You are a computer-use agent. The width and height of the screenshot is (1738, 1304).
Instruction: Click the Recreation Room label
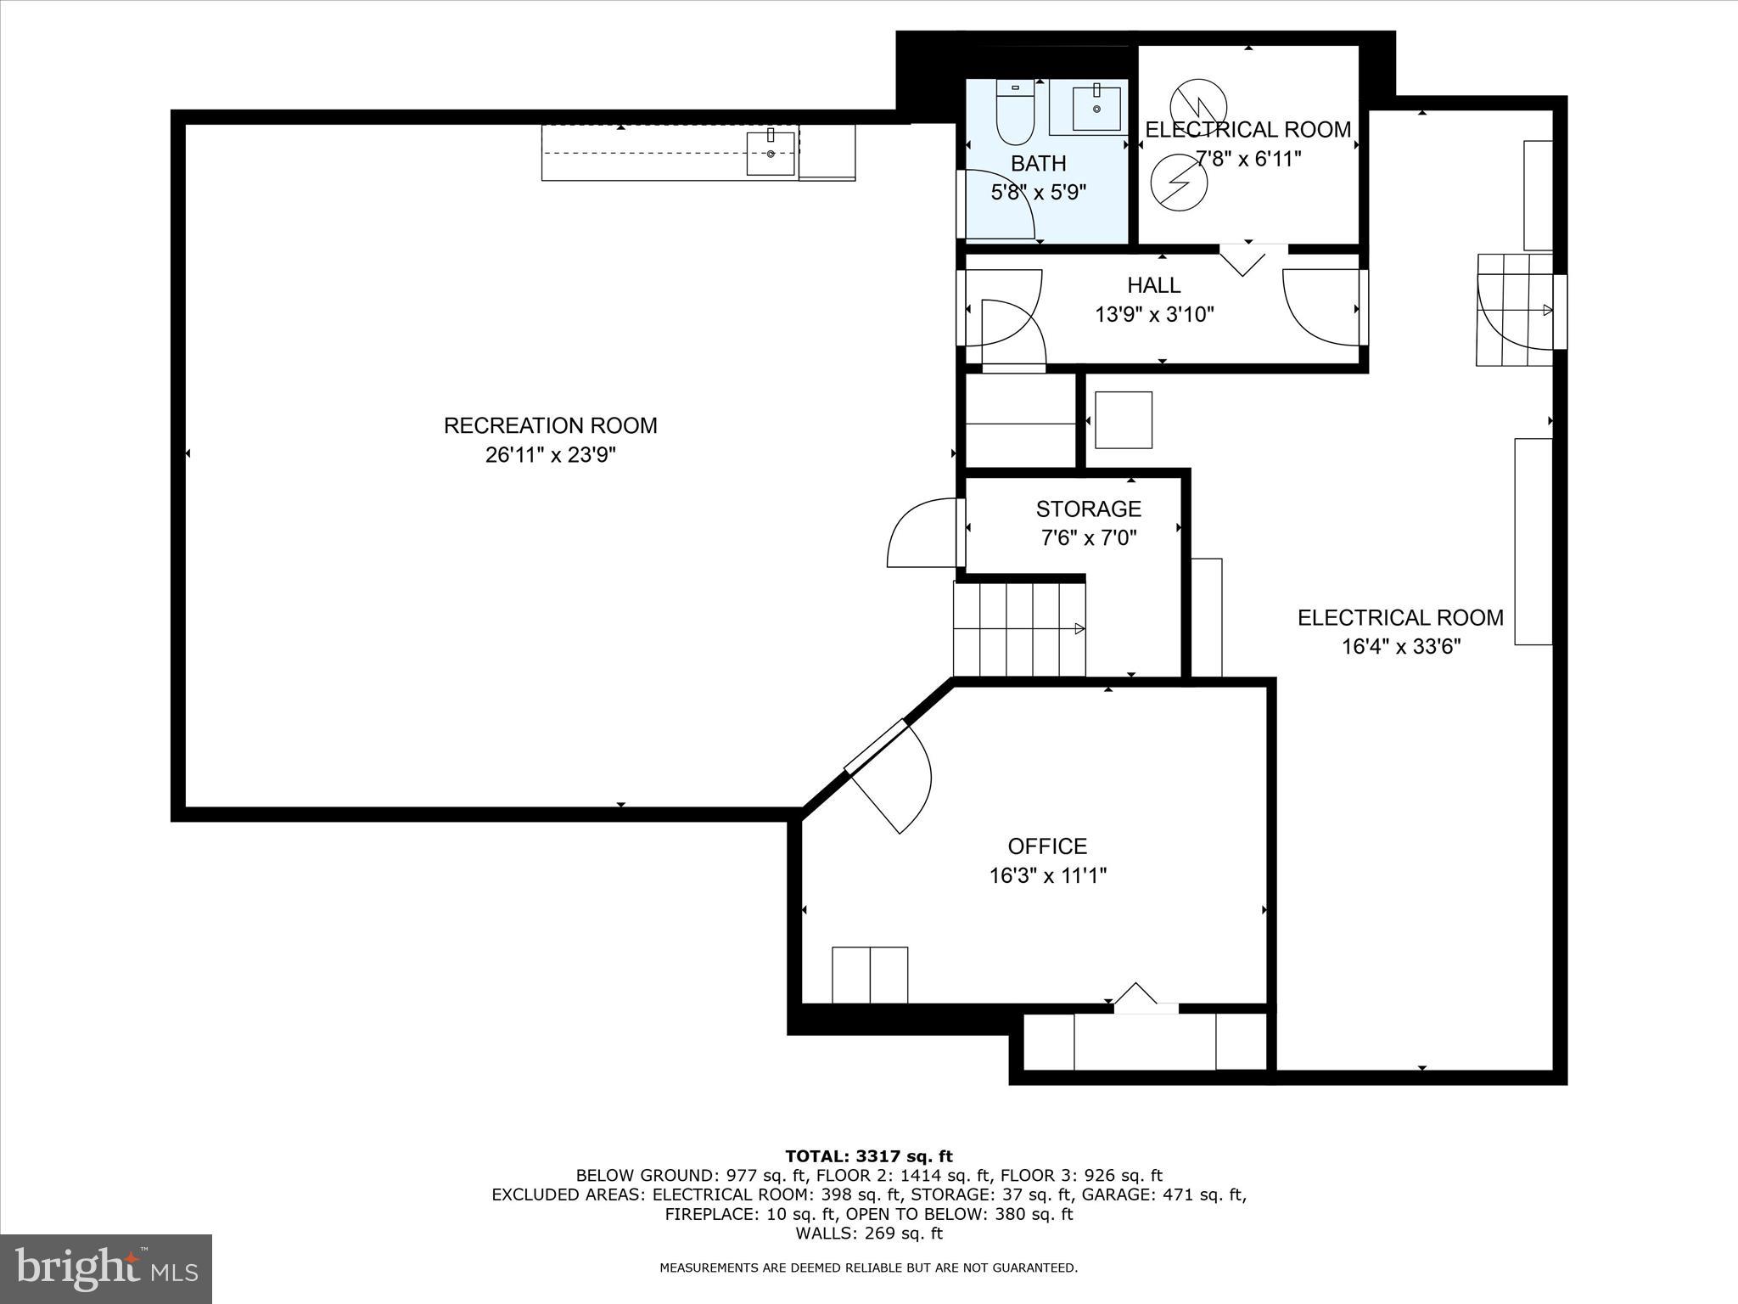coord(550,425)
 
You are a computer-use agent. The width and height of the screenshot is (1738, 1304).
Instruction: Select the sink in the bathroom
coord(1096,109)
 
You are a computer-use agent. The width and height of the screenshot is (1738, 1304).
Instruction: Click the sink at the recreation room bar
coord(771,153)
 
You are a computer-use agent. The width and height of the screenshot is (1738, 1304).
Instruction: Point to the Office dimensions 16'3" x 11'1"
coord(1047,875)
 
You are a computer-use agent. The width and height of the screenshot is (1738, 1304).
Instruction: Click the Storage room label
coord(1088,509)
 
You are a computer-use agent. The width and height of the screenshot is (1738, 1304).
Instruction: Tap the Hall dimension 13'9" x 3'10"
coord(1154,315)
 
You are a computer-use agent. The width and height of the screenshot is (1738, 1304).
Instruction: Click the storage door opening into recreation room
coord(923,533)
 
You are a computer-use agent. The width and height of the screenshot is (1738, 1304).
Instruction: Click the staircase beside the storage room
coord(1018,629)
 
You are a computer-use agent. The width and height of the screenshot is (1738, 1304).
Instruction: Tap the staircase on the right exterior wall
coord(1516,310)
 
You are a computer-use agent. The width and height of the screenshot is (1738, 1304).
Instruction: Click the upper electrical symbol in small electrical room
coord(1197,104)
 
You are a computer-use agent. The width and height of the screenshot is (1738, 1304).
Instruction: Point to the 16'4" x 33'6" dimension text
coord(1400,647)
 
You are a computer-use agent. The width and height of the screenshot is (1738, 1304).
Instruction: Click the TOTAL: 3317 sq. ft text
coord(868,1156)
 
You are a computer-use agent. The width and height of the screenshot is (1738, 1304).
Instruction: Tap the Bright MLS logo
coord(106,1268)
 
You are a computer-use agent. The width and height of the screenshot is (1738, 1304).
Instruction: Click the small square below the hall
coord(1123,419)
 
